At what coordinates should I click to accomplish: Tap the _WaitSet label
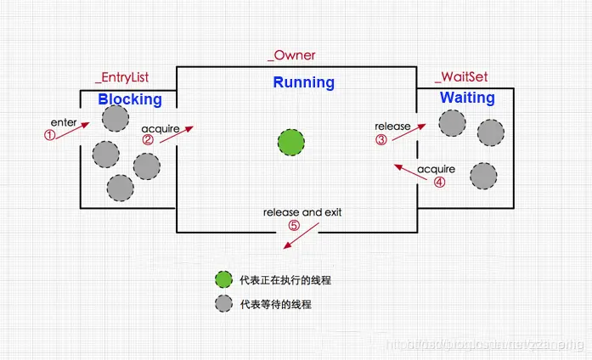tap(464, 77)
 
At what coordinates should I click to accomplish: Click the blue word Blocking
tap(129, 99)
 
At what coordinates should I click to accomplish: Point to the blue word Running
tap(303, 82)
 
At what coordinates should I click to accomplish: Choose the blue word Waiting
tap(467, 98)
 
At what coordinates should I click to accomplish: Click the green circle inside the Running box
tap(291, 141)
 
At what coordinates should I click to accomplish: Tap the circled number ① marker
tap(49, 134)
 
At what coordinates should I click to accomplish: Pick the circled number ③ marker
tap(381, 139)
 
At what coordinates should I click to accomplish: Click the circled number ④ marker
tap(439, 180)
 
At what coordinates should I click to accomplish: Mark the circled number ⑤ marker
tap(294, 226)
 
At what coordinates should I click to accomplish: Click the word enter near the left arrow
tap(64, 122)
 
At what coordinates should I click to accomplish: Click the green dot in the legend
tap(223, 278)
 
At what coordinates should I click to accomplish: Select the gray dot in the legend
tap(223, 303)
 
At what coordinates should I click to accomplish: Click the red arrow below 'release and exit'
tap(296, 239)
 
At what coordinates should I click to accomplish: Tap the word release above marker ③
tap(392, 127)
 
